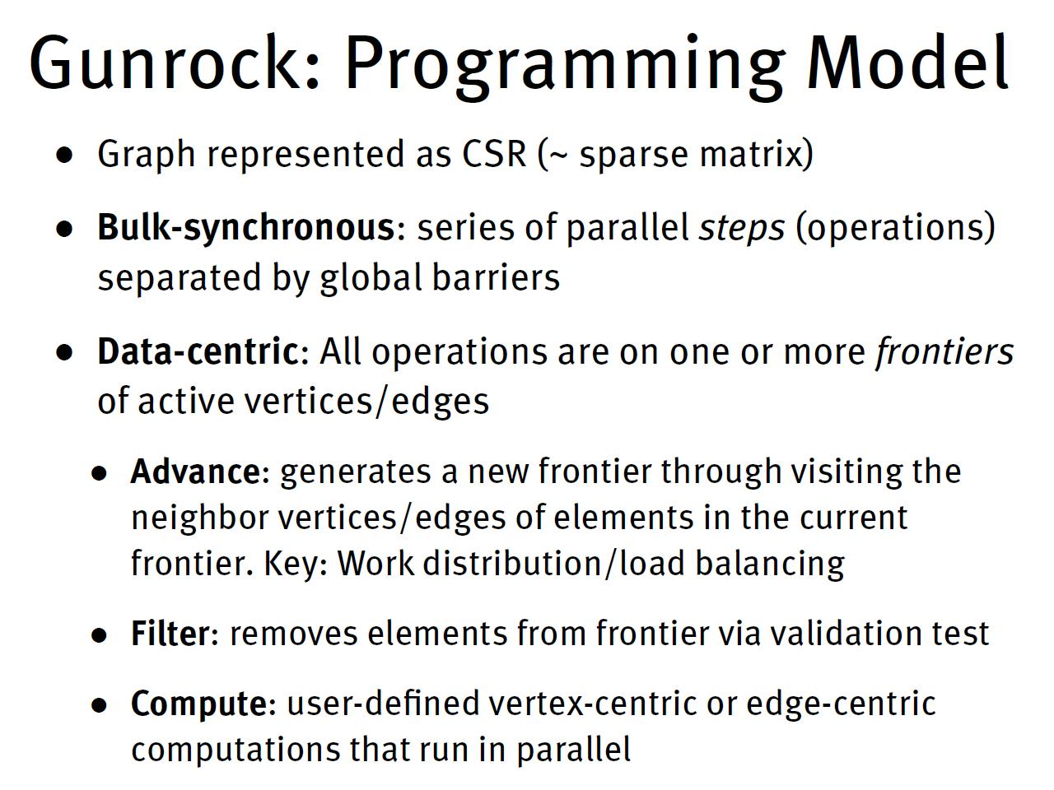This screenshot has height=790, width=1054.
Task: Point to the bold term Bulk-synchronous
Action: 246,228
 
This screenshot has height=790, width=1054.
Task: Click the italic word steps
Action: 742,228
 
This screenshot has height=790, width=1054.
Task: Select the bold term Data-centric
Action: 198,351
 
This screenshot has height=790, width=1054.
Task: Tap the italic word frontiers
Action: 944,351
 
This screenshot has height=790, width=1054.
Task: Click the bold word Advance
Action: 195,472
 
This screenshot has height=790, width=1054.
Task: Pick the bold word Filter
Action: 170,634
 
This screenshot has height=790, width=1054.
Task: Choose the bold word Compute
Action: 198,704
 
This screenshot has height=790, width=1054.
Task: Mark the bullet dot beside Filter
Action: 100,635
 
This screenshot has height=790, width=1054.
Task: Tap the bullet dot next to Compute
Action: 100,705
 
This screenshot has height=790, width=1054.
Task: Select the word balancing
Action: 769,564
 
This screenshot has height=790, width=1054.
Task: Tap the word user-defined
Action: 383,704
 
